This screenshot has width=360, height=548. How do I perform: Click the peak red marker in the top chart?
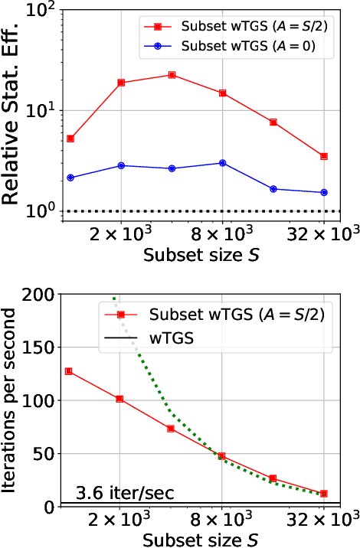[172, 75]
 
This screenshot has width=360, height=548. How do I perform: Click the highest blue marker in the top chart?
[222, 163]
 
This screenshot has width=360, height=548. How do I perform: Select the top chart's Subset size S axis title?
[200, 255]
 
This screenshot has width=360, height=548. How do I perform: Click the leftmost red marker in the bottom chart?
[69, 371]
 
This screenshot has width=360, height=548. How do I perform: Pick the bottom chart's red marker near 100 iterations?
[119, 399]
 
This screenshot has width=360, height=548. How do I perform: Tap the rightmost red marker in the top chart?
[324, 156]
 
